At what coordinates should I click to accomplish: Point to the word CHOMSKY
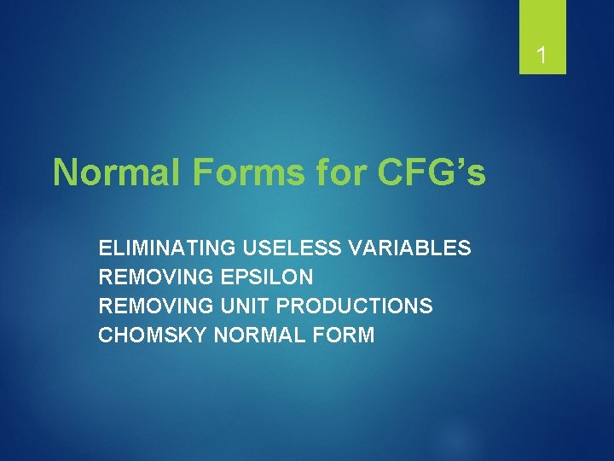coord(153,335)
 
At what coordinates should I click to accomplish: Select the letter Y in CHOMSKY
coord(200,335)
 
